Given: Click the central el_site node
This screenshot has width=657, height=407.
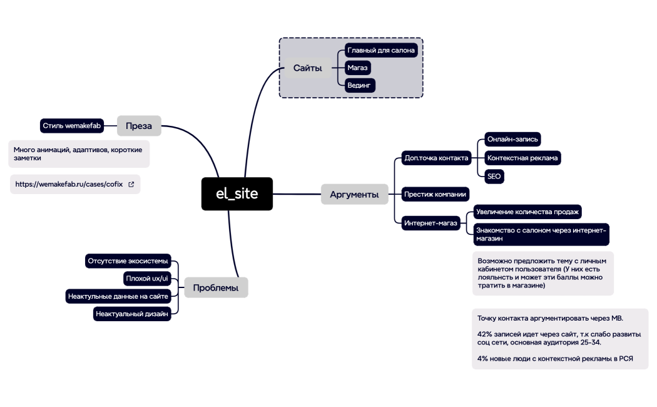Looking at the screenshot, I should (237, 194).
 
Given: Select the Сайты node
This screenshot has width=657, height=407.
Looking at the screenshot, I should (307, 68).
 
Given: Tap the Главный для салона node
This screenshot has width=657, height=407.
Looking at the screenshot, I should (381, 50).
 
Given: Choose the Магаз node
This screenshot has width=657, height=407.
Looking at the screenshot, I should (358, 68).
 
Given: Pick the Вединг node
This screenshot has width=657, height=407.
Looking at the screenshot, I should (360, 85).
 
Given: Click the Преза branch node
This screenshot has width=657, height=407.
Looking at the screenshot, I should (138, 126).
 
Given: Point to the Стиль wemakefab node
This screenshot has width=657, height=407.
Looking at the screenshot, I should (72, 126).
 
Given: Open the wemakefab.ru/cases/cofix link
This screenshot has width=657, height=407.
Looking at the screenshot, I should (69, 185).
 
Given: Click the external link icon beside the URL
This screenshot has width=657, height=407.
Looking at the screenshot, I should (131, 185).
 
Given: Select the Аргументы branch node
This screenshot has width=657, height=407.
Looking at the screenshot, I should (354, 195).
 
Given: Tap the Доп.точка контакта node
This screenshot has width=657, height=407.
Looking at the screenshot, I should (436, 158).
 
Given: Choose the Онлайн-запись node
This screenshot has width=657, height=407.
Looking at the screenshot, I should (512, 139).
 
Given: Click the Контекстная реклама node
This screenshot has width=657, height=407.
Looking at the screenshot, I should (522, 158).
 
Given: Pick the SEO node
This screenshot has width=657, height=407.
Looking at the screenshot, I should (494, 177).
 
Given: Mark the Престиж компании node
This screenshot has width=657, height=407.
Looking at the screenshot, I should (435, 193).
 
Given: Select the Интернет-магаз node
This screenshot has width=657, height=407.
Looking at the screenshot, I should (431, 223).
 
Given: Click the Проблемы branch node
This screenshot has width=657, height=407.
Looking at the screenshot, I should (216, 288).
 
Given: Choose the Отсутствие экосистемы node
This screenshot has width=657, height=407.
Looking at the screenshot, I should (128, 260).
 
